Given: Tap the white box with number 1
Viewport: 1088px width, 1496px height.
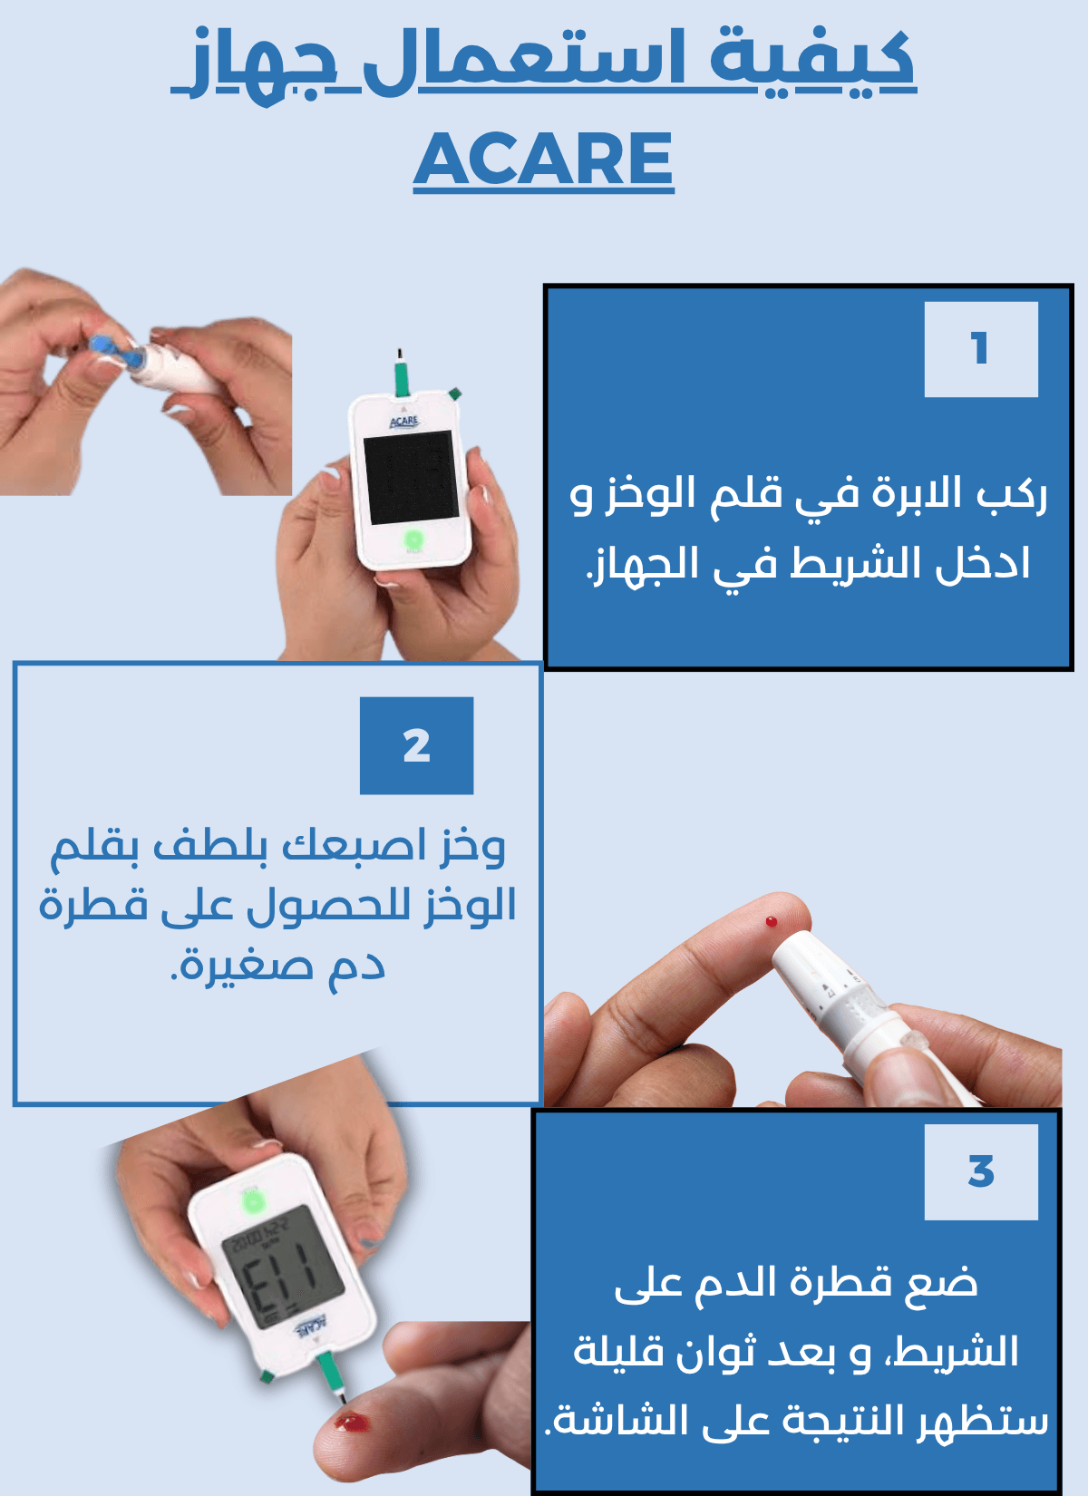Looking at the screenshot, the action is pos(980,349).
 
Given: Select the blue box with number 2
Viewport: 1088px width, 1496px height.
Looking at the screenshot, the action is pos(416,745).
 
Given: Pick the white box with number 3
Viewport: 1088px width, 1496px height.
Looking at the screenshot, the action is pos(980,1172).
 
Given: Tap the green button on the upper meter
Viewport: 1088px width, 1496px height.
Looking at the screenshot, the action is pos(413,539).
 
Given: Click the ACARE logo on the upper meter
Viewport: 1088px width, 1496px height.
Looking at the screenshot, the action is pos(404,421).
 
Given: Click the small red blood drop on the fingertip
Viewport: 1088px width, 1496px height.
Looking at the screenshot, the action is pos(772,922).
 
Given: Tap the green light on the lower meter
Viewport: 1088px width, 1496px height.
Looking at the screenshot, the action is pos(252,1203).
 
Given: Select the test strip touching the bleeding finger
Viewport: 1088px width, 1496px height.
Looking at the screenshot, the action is pos(331,1379).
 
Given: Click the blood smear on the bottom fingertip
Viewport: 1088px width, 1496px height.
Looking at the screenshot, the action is pos(352,1422).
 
